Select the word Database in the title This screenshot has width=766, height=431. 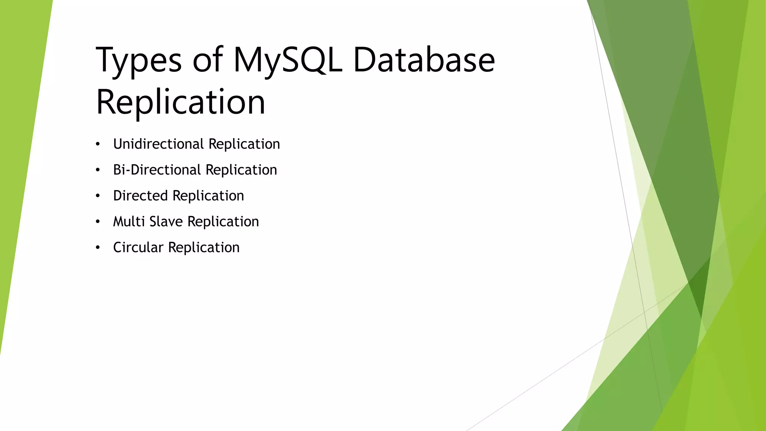pyautogui.click(x=424, y=60)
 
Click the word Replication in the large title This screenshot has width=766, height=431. pyautogui.click(x=181, y=102)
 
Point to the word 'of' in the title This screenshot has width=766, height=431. pyautogui.click(x=208, y=60)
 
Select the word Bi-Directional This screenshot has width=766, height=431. pyautogui.click(x=157, y=170)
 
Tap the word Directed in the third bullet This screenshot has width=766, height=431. pyautogui.click(x=140, y=196)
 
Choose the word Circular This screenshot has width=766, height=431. pyautogui.click(x=138, y=247)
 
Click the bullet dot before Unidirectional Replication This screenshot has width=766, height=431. pyautogui.click(x=98, y=144)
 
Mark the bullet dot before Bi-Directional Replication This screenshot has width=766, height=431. pyautogui.click(x=98, y=170)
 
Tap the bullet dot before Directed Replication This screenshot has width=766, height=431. pyautogui.click(x=98, y=196)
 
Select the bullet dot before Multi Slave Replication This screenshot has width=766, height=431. pyautogui.click(x=98, y=222)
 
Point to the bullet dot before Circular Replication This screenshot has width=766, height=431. pyautogui.click(x=98, y=248)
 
